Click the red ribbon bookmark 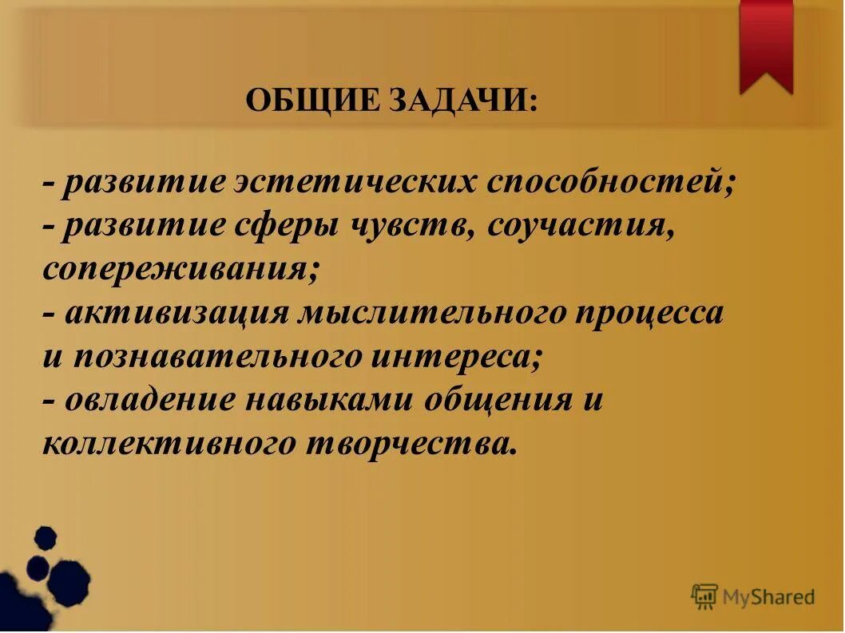766,44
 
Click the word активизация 177,313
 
